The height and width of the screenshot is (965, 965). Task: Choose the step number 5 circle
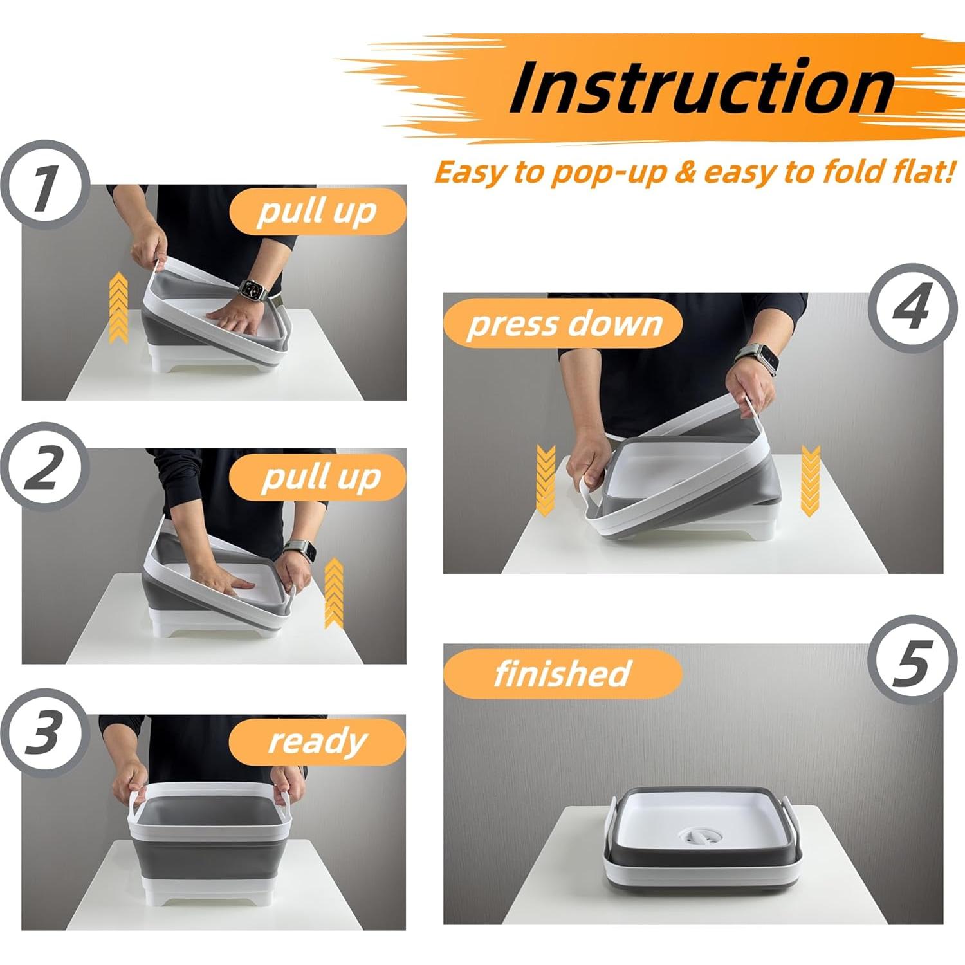(910, 659)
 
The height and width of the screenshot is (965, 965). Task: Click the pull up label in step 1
(317, 212)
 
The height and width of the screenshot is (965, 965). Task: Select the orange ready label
(317, 742)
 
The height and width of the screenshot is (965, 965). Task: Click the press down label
(564, 324)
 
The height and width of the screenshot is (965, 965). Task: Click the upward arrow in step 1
(118, 307)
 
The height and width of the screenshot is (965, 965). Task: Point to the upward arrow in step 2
(333, 593)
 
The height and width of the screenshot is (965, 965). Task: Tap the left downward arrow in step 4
(546, 479)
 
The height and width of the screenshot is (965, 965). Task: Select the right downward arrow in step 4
(810, 479)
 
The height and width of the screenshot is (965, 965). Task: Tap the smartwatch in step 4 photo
(765, 360)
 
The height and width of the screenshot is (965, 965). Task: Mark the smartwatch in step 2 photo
(308, 551)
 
